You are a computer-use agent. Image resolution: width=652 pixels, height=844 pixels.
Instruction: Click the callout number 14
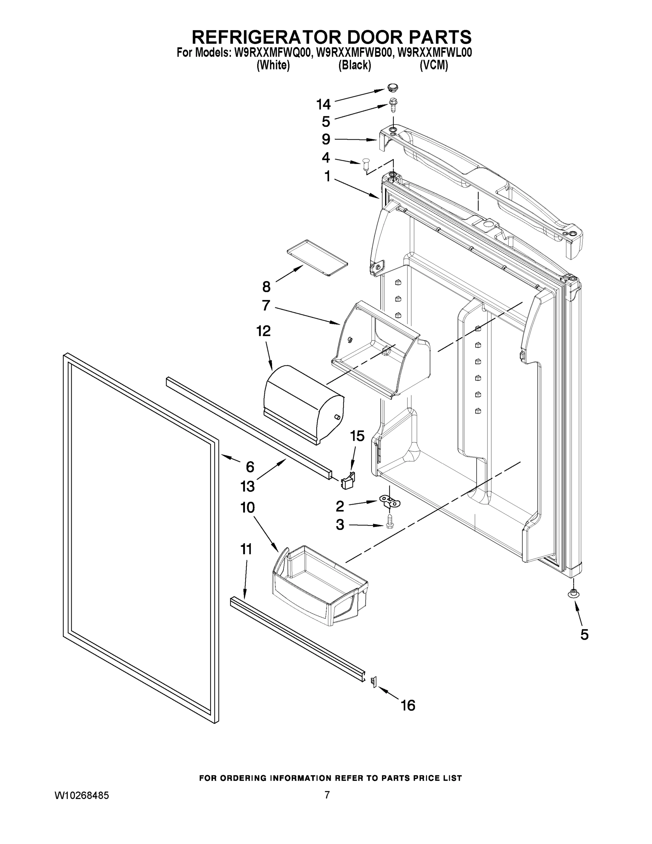tap(323, 104)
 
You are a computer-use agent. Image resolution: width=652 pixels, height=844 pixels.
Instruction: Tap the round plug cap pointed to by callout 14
tap(393, 88)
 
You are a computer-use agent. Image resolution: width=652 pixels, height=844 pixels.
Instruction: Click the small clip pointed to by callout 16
tap(374, 682)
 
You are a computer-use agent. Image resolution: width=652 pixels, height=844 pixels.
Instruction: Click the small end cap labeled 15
tap(348, 481)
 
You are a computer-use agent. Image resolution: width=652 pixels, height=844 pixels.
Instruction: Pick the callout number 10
tap(247, 507)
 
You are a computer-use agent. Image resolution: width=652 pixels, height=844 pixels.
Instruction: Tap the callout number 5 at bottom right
tap(585, 634)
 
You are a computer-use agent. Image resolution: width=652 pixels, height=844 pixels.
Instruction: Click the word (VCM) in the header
tap(434, 65)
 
